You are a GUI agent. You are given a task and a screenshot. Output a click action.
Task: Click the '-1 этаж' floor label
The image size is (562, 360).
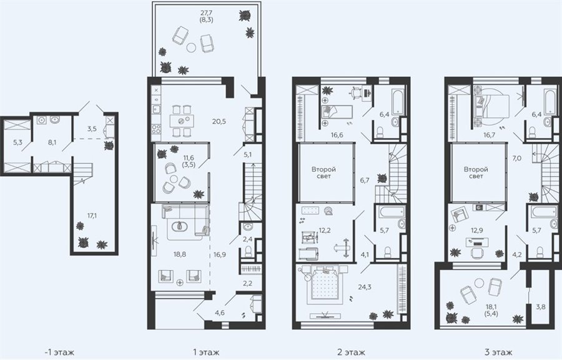coord(60,352)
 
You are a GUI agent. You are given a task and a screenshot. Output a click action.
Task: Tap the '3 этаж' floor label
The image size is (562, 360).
coord(498,352)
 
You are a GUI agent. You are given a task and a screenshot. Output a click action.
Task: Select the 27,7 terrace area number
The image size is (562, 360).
coord(206,13)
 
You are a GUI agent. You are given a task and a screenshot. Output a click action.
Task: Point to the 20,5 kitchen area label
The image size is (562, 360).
coord(219,121)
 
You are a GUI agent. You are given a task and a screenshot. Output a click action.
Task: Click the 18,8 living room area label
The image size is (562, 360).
coord(180,254)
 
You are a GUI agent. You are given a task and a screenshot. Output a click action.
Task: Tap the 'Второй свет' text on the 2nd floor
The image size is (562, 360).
coord(323,172)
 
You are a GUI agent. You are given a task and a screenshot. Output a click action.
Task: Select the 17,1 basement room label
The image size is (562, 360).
coord(92,216)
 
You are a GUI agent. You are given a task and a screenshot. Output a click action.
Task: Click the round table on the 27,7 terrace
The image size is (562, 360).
coord(192,47)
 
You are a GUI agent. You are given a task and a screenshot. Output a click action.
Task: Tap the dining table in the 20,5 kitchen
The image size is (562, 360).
coord(182,121)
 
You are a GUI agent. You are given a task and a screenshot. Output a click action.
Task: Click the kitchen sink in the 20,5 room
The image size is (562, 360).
coord(156,108)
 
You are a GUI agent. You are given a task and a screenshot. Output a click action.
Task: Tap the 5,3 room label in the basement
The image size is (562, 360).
coord(17,142)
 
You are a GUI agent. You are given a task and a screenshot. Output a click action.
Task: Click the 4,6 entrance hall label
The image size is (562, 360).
coord(220,312)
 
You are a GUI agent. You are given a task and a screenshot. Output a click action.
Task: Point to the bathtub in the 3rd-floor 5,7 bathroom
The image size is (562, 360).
coord(544,211)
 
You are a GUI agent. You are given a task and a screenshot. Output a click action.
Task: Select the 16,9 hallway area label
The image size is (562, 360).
coord(219,255)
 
